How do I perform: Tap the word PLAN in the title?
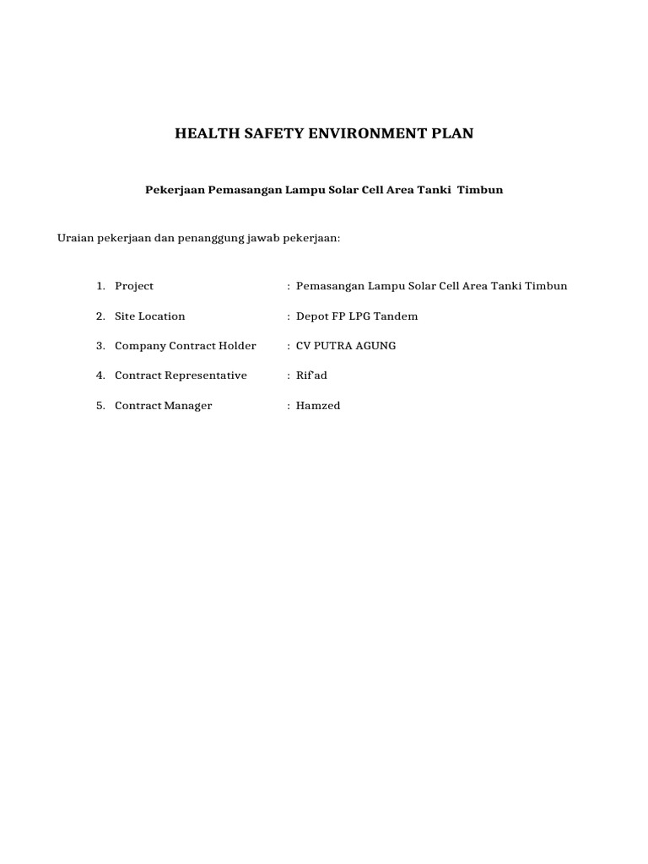pyautogui.click(x=452, y=133)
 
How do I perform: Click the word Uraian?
pyautogui.click(x=74, y=238)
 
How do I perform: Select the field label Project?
pyautogui.click(x=134, y=286)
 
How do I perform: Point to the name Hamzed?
pyautogui.click(x=318, y=406)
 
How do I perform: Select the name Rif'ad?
pyautogui.click(x=311, y=375)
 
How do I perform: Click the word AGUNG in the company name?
pyautogui.click(x=375, y=346)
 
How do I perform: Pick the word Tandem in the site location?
pyautogui.click(x=397, y=316)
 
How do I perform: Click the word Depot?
pyautogui.click(x=311, y=316)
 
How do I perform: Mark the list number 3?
pyautogui.click(x=100, y=346)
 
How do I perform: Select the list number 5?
pyautogui.click(x=100, y=406)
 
